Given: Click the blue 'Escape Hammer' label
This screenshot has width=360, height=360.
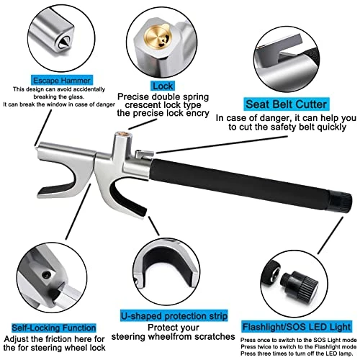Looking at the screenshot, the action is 62,80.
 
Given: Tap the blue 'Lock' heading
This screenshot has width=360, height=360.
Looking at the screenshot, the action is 163,86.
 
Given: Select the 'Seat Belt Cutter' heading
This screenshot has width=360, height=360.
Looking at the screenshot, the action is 287,104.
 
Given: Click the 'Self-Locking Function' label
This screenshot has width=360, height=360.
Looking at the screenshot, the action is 54,328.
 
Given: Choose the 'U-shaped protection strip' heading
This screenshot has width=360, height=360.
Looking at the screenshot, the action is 174,316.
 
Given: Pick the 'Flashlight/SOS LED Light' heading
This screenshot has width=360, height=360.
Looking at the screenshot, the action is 297,327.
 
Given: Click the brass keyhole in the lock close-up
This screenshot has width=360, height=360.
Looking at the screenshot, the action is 158,37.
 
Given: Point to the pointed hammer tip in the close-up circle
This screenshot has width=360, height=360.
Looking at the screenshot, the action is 63,42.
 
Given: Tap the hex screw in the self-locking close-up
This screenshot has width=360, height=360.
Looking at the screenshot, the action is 46,275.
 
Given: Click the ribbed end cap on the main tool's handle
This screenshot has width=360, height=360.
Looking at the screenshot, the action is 341,201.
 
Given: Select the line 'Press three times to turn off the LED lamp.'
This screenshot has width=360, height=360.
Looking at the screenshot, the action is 297,354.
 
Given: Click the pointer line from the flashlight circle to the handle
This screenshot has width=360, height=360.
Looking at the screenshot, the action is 330,235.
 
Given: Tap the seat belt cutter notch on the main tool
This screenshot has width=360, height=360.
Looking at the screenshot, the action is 144,153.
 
